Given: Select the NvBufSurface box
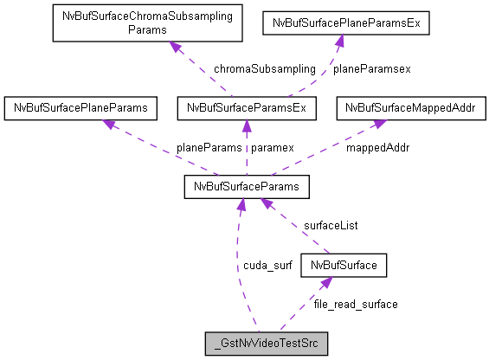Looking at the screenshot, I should tap(344, 265).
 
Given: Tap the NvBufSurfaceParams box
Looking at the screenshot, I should tap(247, 186).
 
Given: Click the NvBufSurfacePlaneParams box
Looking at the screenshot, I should tap(80, 108).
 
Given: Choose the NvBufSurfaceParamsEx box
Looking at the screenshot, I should tap(246, 108).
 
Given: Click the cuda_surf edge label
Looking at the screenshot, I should tap(267, 265).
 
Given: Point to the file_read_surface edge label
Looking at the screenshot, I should tap(356, 304).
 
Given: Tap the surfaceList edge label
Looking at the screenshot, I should tap(330, 225).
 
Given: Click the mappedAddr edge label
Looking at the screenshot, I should tap(378, 147).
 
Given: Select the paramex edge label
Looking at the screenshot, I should tap(273, 147).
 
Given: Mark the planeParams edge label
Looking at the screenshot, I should tap(209, 147).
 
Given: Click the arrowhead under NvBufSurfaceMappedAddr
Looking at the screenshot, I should tap(379, 125).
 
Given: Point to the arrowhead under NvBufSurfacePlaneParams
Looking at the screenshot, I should tap(110, 125).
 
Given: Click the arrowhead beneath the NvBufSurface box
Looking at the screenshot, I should tap(325, 282).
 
